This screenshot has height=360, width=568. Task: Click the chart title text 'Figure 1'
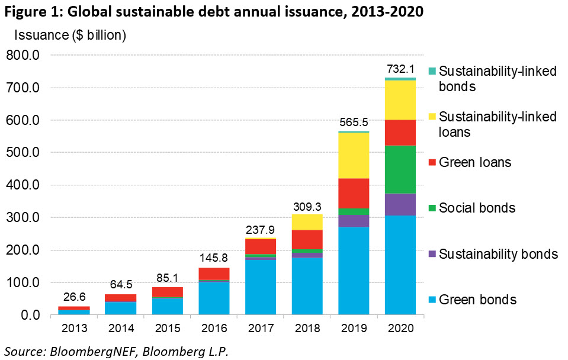pyautogui.click(x=28, y=12)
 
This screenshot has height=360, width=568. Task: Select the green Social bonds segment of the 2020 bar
pyautogui.click(x=400, y=169)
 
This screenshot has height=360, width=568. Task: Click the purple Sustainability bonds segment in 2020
pyautogui.click(x=400, y=204)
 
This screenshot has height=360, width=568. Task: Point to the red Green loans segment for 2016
pyautogui.click(x=214, y=274)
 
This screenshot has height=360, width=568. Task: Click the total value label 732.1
pyautogui.click(x=400, y=69)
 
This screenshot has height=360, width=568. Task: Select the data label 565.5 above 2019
pyautogui.click(x=354, y=123)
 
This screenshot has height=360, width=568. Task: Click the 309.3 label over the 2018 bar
pyautogui.click(x=307, y=206)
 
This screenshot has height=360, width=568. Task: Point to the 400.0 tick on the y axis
pyautogui.click(x=23, y=185)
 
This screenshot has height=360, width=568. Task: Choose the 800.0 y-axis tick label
pyautogui.click(x=23, y=56)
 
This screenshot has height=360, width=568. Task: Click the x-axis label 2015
pyautogui.click(x=168, y=328)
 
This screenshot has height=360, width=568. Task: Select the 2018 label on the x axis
pyautogui.click(x=307, y=328)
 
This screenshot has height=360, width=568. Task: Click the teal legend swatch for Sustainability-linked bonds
pyautogui.click(x=432, y=72)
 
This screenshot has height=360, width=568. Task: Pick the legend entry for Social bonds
pyautogui.click(x=477, y=208)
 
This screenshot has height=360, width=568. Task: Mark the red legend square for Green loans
pyautogui.click(x=432, y=162)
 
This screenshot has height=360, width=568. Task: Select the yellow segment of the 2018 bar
pyautogui.click(x=307, y=222)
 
